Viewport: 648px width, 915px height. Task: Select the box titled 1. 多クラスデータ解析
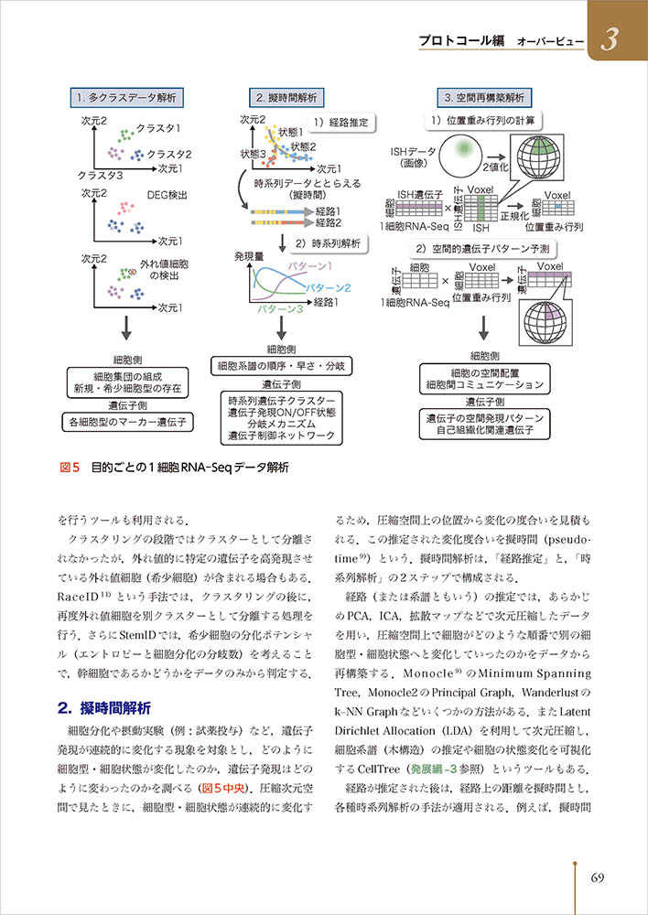click(126, 97)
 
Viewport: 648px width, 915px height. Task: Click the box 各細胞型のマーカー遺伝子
click(126, 423)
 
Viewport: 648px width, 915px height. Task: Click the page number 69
click(597, 878)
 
